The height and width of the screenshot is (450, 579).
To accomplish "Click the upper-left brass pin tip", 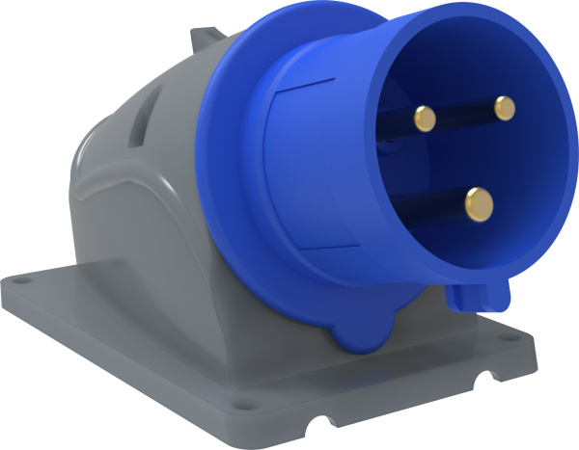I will click(425, 118).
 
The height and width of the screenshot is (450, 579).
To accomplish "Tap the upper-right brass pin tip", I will click(503, 107).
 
